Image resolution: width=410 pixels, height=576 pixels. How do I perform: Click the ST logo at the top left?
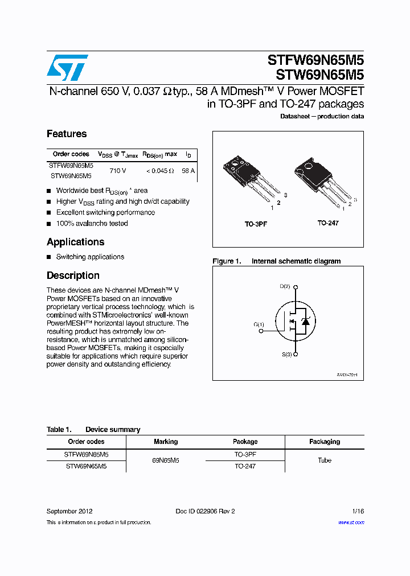click(x=67, y=68)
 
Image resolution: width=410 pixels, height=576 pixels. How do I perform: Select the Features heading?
click(x=67, y=134)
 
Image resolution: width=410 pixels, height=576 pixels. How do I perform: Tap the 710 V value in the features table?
click(x=117, y=171)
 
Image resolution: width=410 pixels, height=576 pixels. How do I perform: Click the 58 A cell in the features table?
click(x=188, y=171)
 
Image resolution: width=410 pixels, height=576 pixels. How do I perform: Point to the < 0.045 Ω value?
click(x=159, y=171)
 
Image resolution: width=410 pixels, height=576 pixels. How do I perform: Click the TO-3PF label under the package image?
click(x=256, y=224)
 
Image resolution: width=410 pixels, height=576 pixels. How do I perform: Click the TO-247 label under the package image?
click(x=328, y=223)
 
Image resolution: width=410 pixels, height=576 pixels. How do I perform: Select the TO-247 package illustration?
click(x=322, y=182)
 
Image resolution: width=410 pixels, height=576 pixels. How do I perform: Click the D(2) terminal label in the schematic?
click(x=285, y=286)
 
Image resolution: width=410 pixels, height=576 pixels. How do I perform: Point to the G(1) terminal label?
click(x=259, y=324)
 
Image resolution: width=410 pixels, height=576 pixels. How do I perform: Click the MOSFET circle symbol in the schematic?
click(x=296, y=321)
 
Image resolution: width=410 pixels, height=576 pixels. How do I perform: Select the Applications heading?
click(x=75, y=242)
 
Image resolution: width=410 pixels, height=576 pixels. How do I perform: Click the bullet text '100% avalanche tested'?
click(x=92, y=223)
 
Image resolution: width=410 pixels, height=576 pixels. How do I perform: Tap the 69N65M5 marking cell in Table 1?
click(x=166, y=460)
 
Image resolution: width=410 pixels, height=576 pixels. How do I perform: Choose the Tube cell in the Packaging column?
click(x=324, y=460)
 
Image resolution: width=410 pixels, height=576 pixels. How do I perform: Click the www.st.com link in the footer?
click(x=351, y=522)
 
